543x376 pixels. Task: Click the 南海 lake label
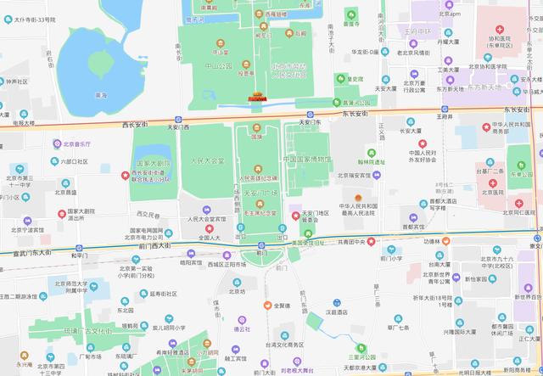point(101,95)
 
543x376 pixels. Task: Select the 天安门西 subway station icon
point(177,119)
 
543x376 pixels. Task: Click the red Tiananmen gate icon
point(255,98)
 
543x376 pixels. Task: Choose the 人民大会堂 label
point(207,160)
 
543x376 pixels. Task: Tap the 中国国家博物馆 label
point(307,159)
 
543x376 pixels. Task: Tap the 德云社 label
point(218,328)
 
